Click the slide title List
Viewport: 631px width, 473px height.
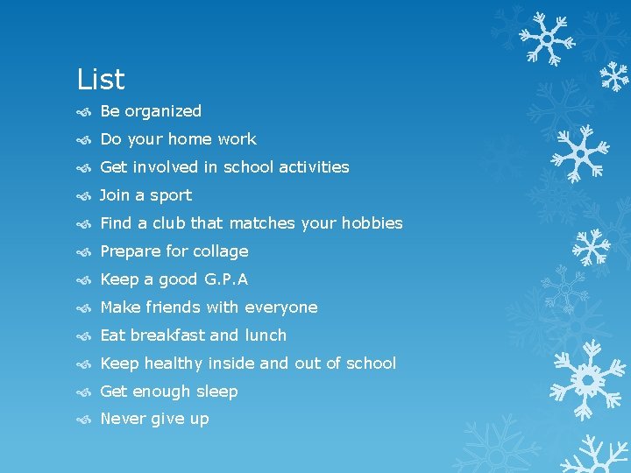[x=101, y=80]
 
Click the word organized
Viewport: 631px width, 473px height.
[x=163, y=111]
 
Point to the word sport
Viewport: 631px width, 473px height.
[x=170, y=195]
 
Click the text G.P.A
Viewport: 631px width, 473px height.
[x=227, y=279]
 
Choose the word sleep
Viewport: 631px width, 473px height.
[x=216, y=392]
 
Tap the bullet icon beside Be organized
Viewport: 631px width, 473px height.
[x=83, y=111]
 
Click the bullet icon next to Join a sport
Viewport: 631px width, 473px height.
[x=83, y=195]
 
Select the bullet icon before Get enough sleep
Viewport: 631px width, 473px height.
[x=83, y=392]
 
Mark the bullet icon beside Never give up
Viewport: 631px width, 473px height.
[x=83, y=420]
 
